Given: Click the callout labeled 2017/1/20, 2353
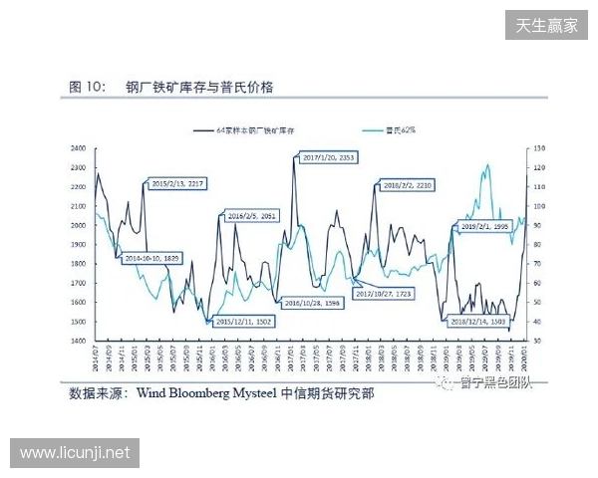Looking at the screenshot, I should point(327,158).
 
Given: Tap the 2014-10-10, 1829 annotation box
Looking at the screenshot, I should point(150,258).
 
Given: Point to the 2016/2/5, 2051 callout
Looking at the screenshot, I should point(251,216).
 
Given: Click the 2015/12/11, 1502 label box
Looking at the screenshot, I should point(244,322).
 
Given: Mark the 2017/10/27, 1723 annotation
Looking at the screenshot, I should point(383,295).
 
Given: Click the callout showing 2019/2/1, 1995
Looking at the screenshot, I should point(485,227).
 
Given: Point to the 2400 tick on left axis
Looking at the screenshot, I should point(76,148).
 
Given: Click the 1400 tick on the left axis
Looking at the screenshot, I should point(76,341).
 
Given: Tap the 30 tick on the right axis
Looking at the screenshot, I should point(539,341).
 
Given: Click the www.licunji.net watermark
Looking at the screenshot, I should point(75,453).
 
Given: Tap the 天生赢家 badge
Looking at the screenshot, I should point(546,25).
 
